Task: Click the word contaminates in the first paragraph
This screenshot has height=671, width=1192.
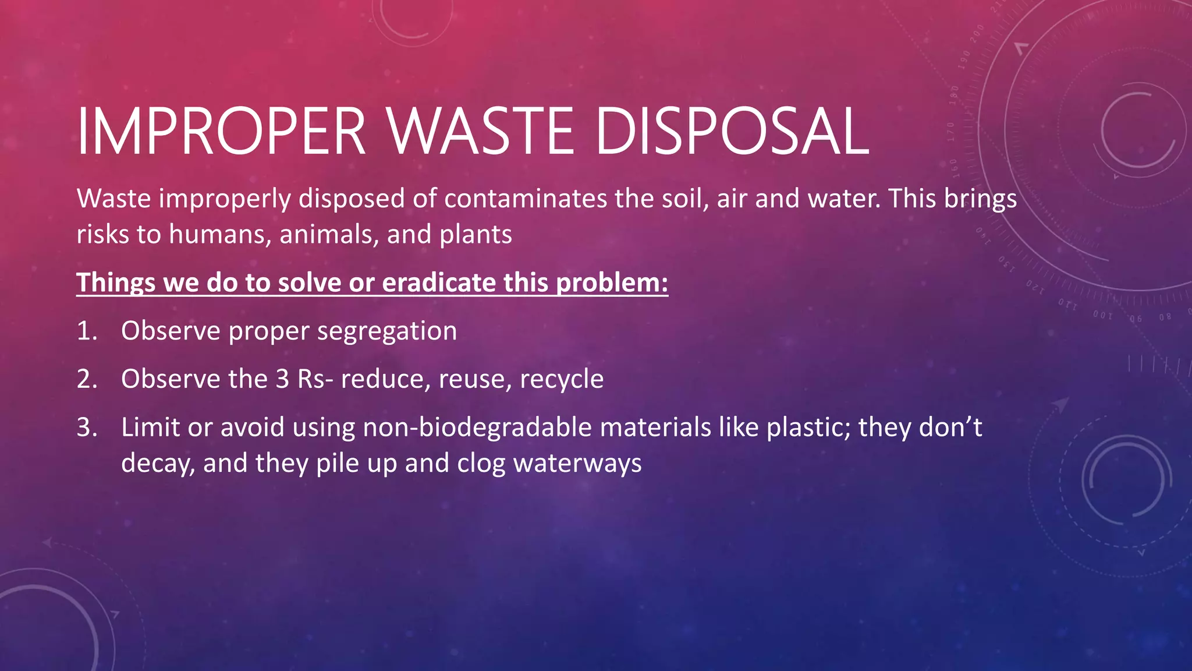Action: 526,199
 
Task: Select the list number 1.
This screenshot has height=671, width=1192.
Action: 87,331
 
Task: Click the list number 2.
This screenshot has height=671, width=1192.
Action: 87,379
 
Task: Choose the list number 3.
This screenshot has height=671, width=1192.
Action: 87,428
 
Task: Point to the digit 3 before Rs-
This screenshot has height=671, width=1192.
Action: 282,379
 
